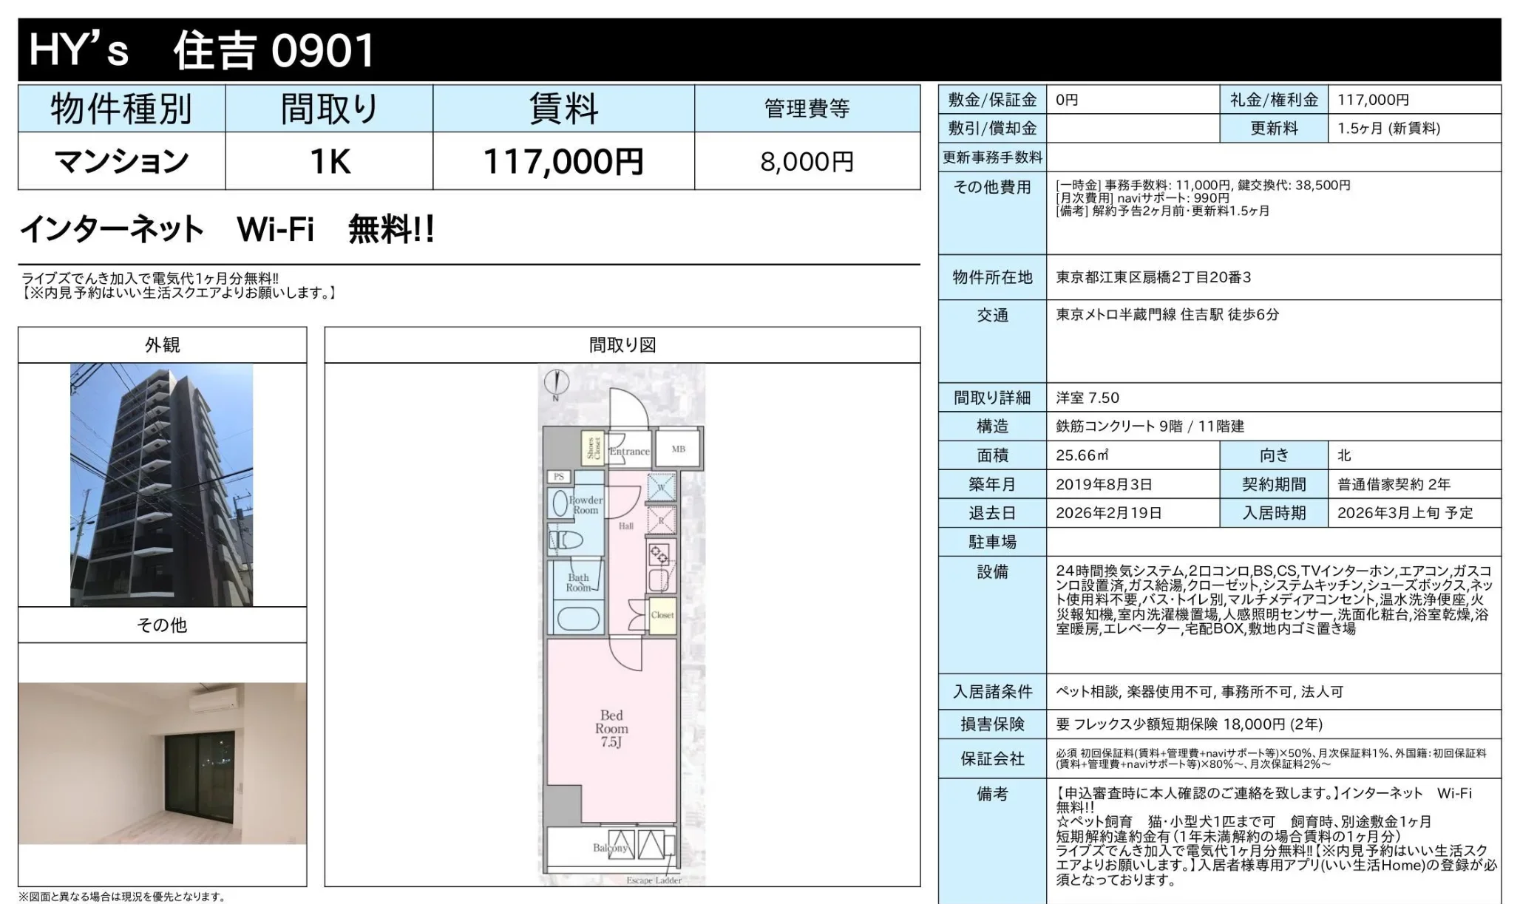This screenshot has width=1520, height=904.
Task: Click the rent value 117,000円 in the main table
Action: (x=563, y=161)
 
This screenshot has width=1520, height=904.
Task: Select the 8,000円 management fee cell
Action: (x=807, y=161)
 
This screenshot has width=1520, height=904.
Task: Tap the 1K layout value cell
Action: (x=330, y=161)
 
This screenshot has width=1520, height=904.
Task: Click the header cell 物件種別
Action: (x=121, y=109)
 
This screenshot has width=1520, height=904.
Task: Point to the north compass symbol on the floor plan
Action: (x=556, y=382)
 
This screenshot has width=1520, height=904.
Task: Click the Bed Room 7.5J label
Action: (x=611, y=728)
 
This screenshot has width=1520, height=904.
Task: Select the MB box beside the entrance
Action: (x=678, y=449)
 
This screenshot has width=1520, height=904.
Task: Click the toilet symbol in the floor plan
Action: (x=566, y=540)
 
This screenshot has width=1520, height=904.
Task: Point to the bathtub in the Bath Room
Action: (x=577, y=619)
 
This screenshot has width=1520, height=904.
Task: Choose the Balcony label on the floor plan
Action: (x=610, y=847)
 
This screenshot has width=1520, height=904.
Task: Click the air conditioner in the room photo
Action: (x=214, y=699)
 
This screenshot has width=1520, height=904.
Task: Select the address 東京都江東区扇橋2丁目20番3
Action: (x=1153, y=277)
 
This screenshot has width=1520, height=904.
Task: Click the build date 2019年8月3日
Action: (x=1104, y=485)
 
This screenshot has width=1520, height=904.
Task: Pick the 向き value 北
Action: (x=1344, y=455)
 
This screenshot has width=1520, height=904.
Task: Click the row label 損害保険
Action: (x=992, y=724)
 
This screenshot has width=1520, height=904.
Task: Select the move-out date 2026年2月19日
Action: (x=1108, y=513)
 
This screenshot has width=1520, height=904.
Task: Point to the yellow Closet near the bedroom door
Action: (x=662, y=615)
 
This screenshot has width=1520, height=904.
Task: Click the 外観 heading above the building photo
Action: (x=162, y=345)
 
